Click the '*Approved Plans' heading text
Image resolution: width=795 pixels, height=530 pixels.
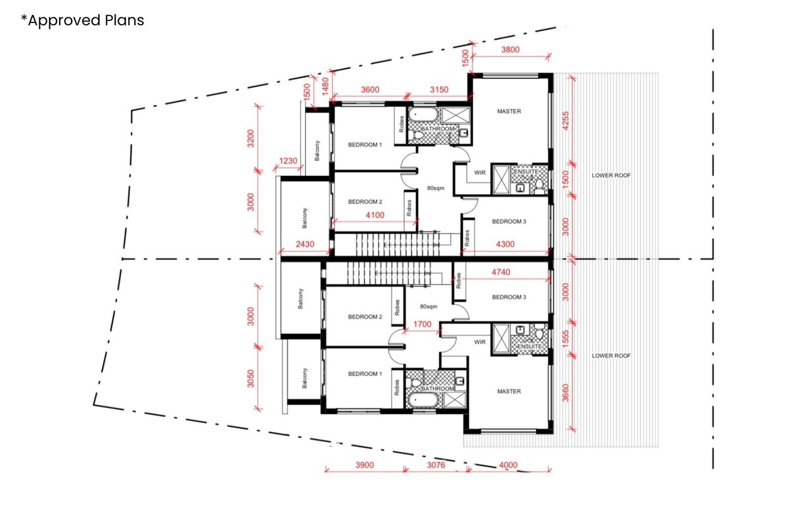click(82, 20)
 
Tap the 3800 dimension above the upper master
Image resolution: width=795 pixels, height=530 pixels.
click(510, 50)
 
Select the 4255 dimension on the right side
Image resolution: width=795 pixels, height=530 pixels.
click(565, 121)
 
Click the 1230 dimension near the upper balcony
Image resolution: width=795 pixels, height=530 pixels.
click(288, 161)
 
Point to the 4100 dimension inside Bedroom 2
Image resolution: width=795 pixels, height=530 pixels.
click(375, 215)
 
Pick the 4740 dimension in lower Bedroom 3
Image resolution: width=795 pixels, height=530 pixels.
click(500, 272)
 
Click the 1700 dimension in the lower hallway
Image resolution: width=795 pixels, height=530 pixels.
click(422, 324)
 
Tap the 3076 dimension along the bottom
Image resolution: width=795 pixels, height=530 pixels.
click(436, 465)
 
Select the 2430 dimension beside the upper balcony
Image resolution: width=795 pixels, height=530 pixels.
click(305, 244)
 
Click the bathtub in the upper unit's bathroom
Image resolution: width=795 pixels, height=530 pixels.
click(423, 116)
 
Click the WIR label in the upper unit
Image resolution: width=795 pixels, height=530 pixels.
click(479, 173)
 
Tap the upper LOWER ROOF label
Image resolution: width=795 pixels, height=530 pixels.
click(611, 175)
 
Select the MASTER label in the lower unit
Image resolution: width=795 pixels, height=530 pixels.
click(509, 391)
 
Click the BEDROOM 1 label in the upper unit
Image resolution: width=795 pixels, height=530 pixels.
click(365, 145)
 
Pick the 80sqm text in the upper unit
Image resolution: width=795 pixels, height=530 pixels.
click(435, 188)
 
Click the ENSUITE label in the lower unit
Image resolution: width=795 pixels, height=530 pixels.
click(529, 346)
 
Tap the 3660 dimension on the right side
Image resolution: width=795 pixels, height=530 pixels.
click(565, 393)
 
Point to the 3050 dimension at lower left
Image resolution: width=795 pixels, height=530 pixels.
click(251, 379)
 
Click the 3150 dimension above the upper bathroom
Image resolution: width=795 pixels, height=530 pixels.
click(439, 90)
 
